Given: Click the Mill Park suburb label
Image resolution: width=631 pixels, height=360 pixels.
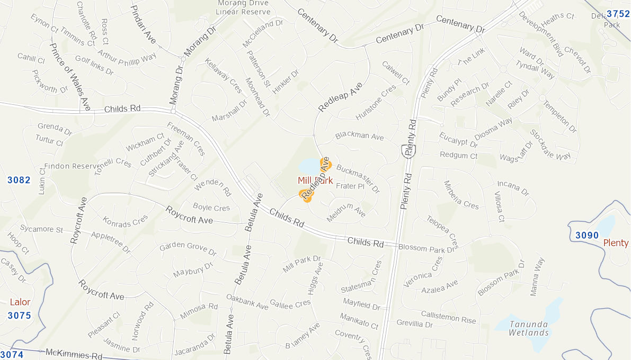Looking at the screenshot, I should click(315, 181).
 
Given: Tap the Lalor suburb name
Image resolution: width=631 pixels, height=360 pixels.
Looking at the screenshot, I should click(20, 302).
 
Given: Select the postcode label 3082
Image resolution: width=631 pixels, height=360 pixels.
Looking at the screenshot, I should click(19, 180).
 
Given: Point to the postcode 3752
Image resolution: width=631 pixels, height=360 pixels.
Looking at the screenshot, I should click(618, 14).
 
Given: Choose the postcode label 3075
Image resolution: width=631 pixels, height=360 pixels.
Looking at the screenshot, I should click(19, 316).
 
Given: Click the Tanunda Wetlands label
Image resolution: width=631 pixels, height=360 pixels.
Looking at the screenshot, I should click(529, 328).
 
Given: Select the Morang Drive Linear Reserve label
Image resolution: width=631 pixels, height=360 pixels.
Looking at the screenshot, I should click(244, 7).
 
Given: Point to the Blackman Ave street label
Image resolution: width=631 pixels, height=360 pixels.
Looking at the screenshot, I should click(359, 136).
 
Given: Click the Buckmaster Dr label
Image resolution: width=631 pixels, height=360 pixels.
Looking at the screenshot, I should click(358, 179).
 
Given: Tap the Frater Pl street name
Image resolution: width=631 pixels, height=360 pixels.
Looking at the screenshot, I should click(350, 186).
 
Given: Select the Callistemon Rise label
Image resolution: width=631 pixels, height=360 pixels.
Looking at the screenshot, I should click(448, 317).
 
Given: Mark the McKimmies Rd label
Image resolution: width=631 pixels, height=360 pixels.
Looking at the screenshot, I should click(74, 353).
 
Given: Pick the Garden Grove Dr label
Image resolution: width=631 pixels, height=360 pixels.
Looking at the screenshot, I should click(188, 249).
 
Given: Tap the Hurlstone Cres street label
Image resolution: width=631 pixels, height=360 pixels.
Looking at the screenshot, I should click(376, 102).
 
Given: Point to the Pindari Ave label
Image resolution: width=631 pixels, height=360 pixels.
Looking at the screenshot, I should click(143, 24).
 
